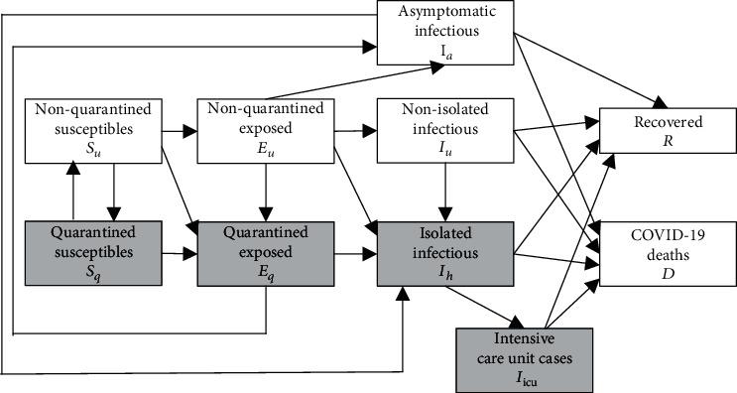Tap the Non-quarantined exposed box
260,128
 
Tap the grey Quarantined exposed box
260,254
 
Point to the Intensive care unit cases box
525,359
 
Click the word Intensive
524,342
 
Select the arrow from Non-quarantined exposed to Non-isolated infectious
355,128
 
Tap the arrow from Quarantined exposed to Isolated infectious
355,255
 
